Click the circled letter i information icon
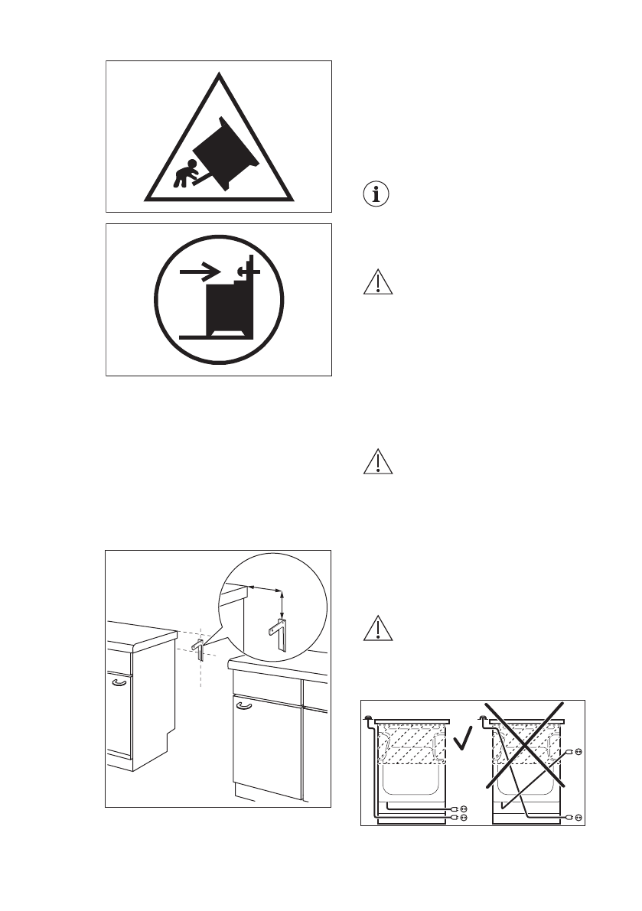pos(375,194)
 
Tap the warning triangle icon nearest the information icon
pos(375,282)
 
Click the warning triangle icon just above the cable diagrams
pos(375,627)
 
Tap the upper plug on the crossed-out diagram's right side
pos(576,752)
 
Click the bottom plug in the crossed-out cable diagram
pos(575,818)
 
